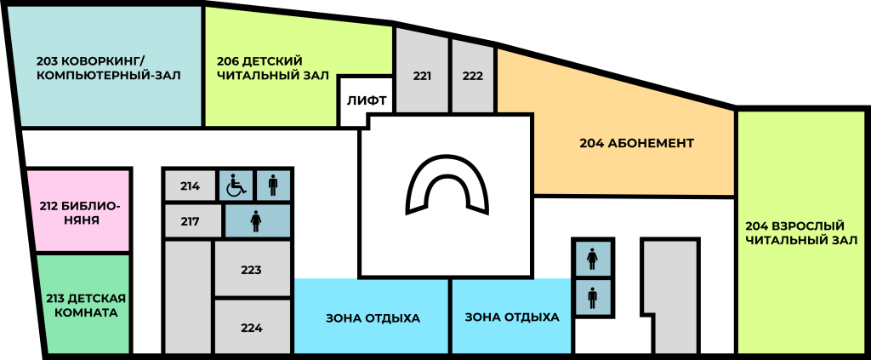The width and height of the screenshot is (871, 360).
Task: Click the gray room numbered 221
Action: coord(422,75)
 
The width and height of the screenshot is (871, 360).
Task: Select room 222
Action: coord(472,75)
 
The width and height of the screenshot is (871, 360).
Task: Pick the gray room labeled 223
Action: coord(252,269)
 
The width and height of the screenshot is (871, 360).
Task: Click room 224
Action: coord(252,327)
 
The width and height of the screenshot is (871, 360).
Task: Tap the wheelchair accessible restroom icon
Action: coord(236,185)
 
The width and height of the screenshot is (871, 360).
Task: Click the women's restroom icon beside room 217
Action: coord(257,221)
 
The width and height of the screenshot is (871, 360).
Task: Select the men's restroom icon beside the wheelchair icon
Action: coord(273,185)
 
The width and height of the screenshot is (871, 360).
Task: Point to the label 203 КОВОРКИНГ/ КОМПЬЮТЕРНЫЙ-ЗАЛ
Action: coord(109,68)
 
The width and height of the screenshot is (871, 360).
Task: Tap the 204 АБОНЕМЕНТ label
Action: coord(636,143)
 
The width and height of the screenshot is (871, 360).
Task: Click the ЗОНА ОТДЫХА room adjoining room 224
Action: coord(372,317)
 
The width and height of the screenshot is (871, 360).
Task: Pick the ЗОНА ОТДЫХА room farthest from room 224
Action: coord(511,317)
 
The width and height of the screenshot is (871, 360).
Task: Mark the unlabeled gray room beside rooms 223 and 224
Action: coord(188,297)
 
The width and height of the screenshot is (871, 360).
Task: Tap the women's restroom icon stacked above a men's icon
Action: coord(593,258)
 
